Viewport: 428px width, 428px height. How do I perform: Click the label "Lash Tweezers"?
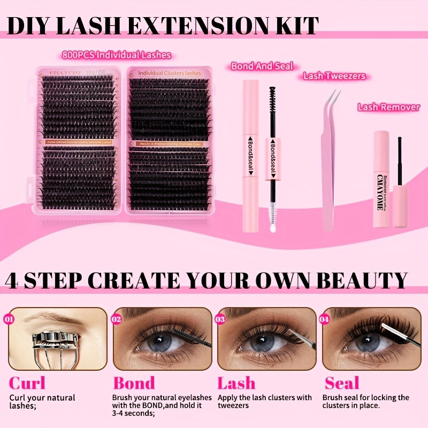[334, 76]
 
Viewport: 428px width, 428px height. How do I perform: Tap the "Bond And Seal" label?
[262, 66]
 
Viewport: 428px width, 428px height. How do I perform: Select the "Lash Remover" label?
[388, 108]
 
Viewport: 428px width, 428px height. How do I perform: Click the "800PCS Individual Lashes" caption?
[116, 55]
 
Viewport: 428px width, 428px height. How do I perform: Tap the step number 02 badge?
[117, 319]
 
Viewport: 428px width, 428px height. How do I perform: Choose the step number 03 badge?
[220, 319]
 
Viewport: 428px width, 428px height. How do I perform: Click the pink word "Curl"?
[27, 383]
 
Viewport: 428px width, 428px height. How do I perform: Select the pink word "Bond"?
[133, 383]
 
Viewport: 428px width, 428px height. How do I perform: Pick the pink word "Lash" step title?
[236, 383]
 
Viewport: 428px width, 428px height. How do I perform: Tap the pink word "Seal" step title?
[342, 383]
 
